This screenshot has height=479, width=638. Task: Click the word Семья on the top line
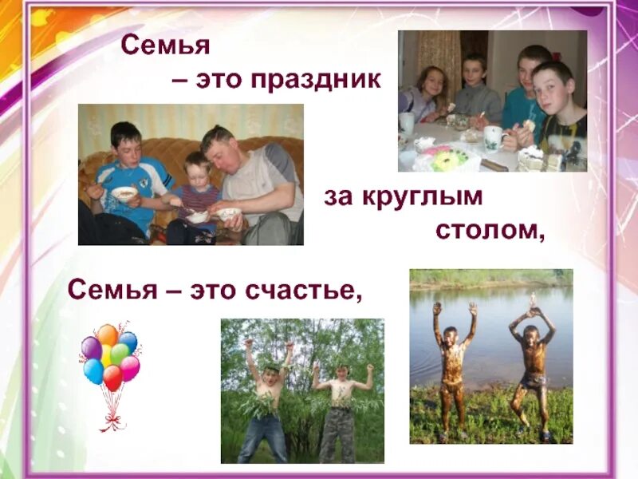point(165,46)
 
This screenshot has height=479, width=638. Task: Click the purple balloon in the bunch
point(91,347)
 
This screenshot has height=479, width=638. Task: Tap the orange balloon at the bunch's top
point(107,335)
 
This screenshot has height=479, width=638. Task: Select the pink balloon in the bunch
point(129,368)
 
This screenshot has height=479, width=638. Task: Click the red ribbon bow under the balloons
point(112,416)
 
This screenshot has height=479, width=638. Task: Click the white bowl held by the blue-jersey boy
point(124,193)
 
